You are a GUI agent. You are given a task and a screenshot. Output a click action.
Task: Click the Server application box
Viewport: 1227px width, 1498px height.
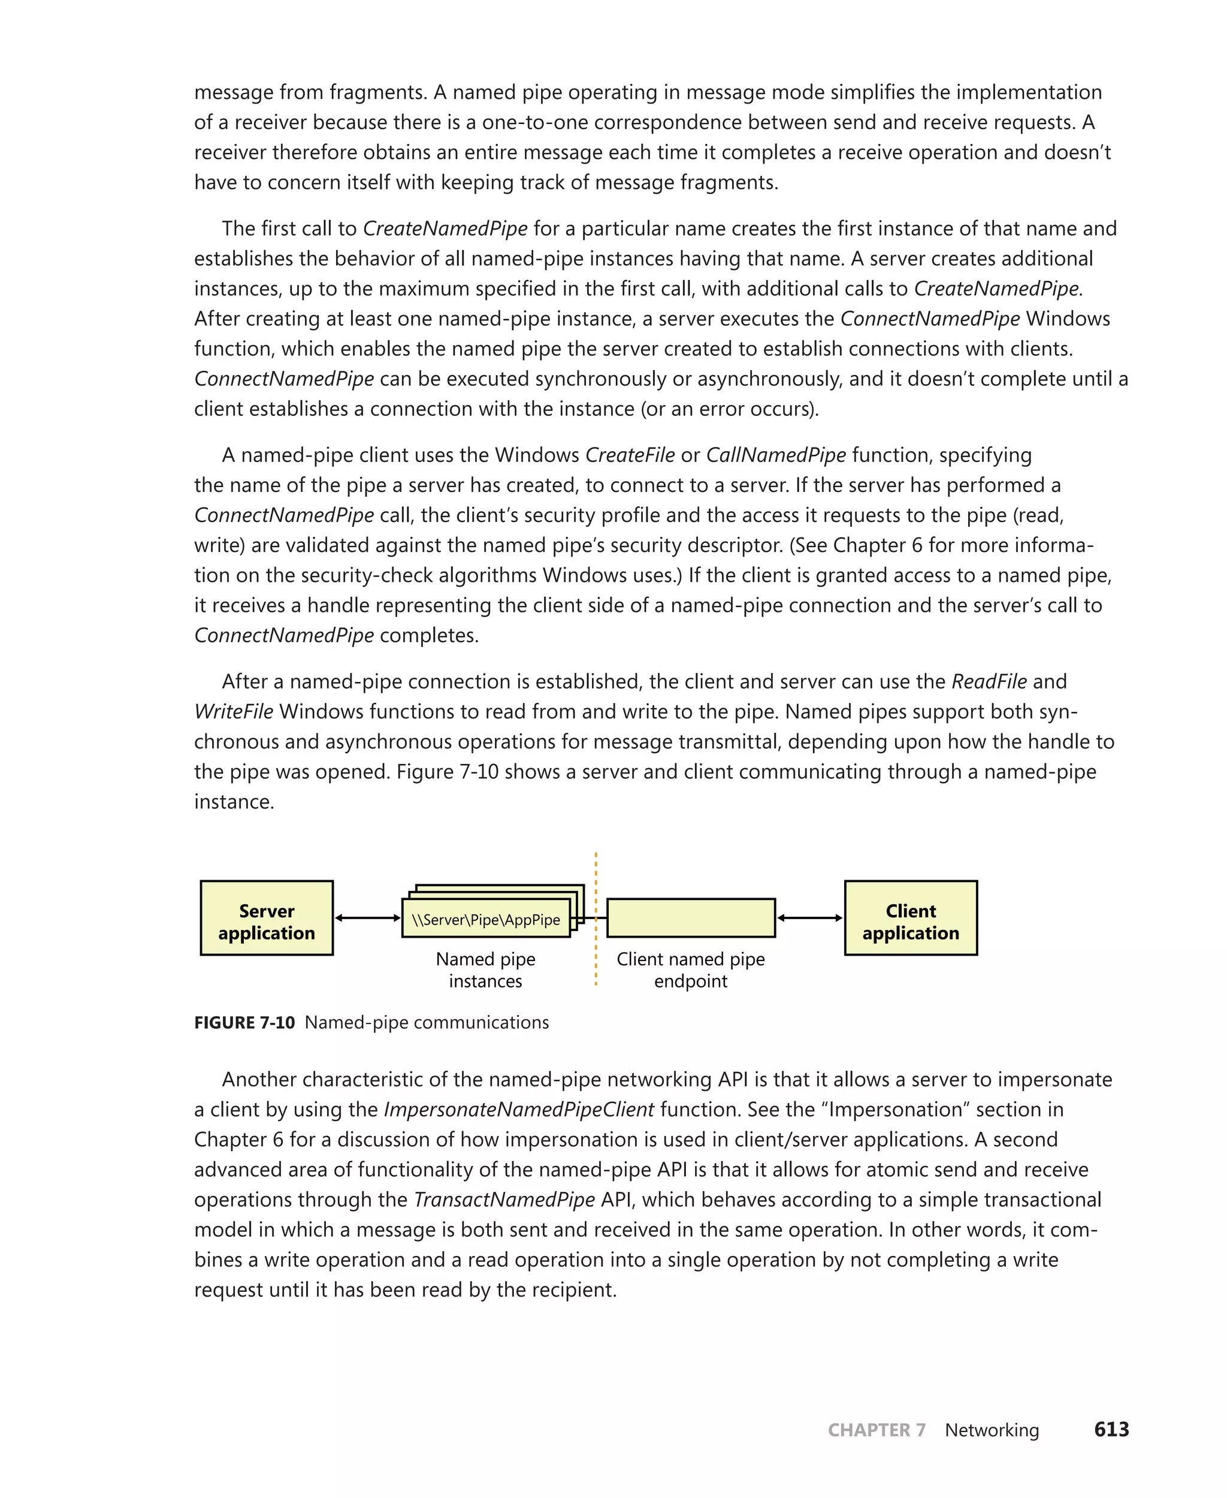(x=267, y=917)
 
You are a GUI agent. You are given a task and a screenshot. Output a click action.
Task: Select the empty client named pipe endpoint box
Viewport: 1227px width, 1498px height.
(x=691, y=917)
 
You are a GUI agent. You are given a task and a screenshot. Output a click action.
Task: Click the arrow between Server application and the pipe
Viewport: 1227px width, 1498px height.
(x=367, y=917)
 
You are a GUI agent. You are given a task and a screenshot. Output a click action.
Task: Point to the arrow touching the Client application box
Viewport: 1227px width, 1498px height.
(x=810, y=917)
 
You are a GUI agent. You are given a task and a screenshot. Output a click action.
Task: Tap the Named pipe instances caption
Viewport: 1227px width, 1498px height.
(x=485, y=970)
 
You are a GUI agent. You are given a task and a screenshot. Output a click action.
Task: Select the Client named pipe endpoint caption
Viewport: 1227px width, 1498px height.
(x=691, y=970)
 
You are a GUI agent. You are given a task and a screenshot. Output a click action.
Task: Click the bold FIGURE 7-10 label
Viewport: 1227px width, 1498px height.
(x=244, y=1022)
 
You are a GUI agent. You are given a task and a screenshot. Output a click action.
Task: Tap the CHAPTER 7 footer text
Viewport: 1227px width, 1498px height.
(x=877, y=1430)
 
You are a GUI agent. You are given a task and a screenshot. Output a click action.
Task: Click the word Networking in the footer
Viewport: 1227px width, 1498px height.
(x=992, y=1430)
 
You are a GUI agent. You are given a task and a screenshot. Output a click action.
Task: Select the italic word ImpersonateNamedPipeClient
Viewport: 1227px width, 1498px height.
(x=519, y=1109)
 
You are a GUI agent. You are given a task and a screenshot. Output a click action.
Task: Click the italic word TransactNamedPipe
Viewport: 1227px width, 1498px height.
(x=504, y=1199)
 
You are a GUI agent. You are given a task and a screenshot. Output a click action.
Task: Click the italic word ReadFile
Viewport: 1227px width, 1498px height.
(x=989, y=681)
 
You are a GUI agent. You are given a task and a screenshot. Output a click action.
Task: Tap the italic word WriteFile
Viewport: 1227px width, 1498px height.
(x=233, y=711)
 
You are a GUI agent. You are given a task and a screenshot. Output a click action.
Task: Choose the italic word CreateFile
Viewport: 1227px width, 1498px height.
(x=630, y=455)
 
